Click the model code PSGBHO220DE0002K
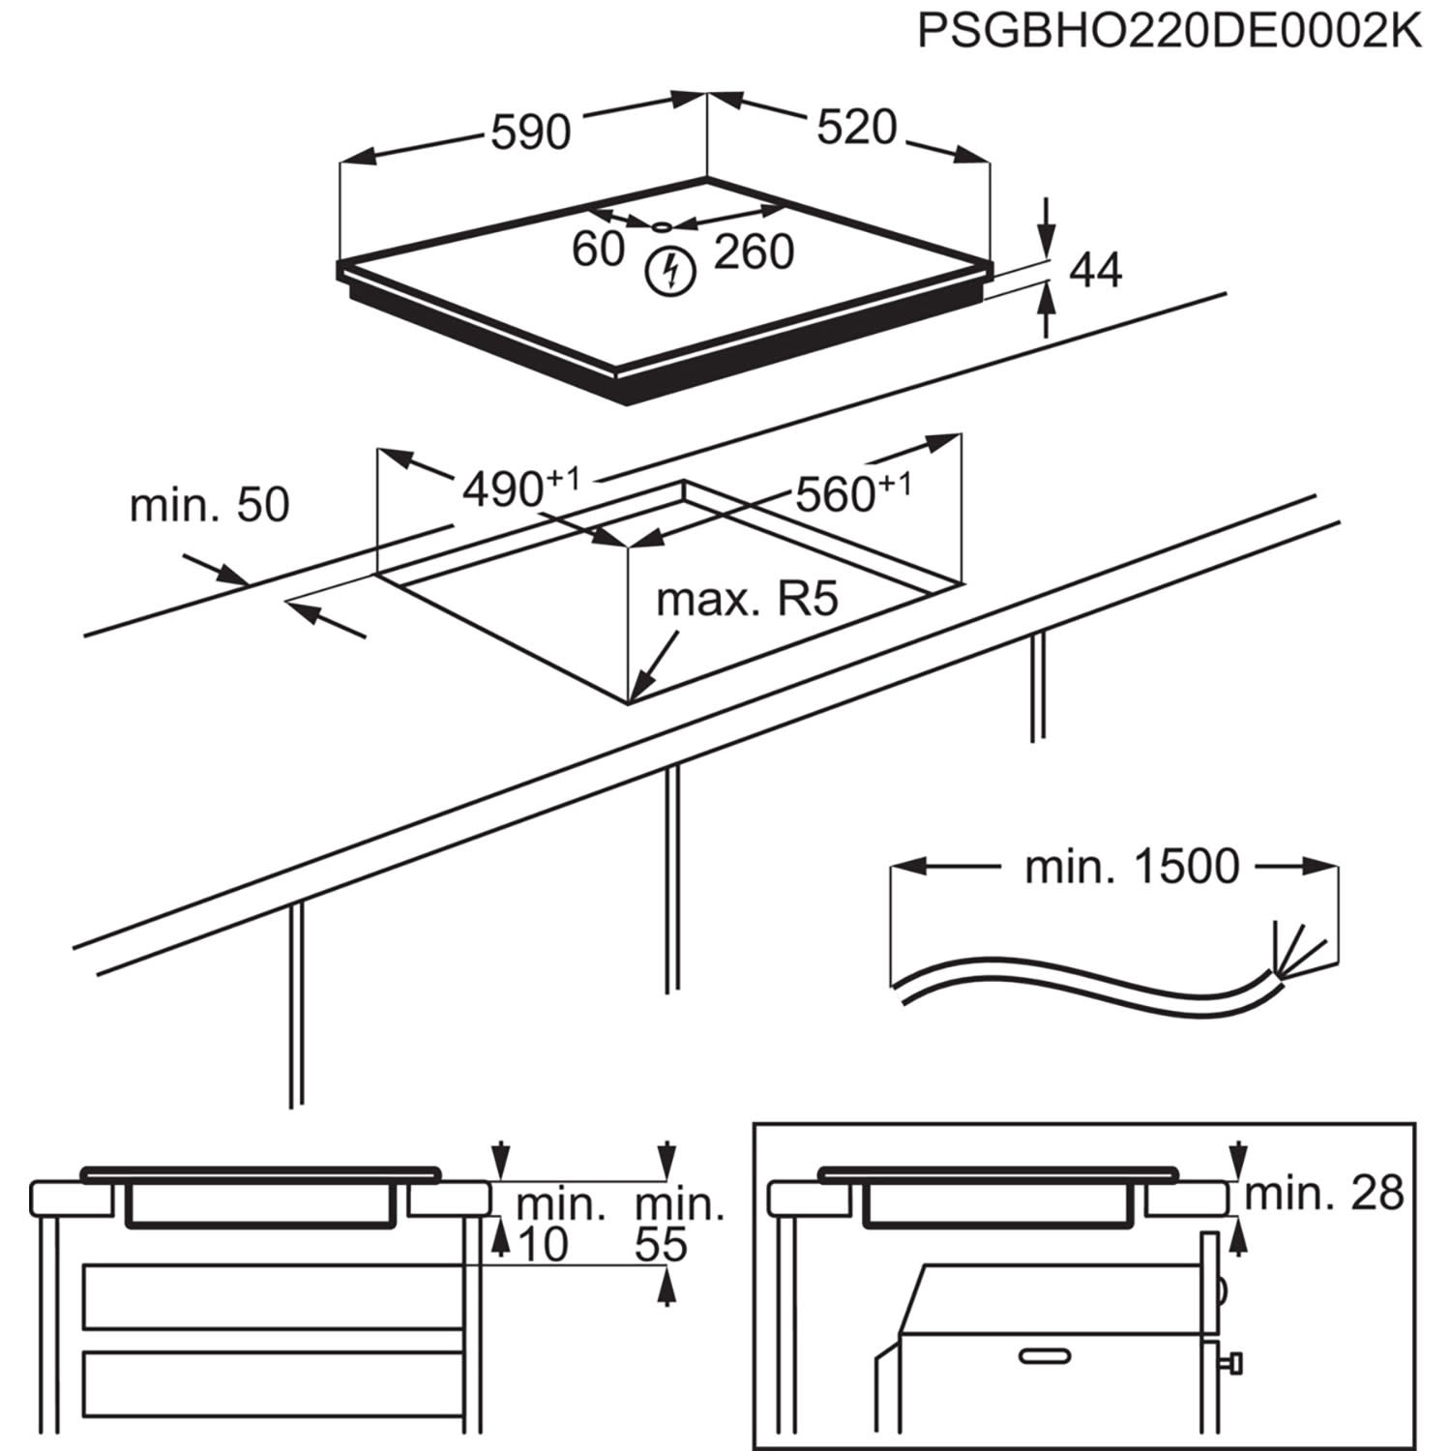click(x=1169, y=31)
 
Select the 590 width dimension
click(x=530, y=132)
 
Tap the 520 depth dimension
click(x=856, y=128)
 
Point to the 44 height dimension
click(x=1095, y=271)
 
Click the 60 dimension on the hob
click(x=598, y=250)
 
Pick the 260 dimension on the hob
click(x=754, y=252)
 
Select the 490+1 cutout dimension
click(x=520, y=489)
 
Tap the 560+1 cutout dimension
click(x=852, y=492)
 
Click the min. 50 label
click(x=209, y=506)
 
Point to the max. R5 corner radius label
click(x=746, y=601)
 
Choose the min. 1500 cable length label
click(x=1131, y=867)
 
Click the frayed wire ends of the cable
click(x=1300, y=952)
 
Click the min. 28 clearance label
click(x=1323, y=1195)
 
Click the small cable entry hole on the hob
click(x=662, y=226)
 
